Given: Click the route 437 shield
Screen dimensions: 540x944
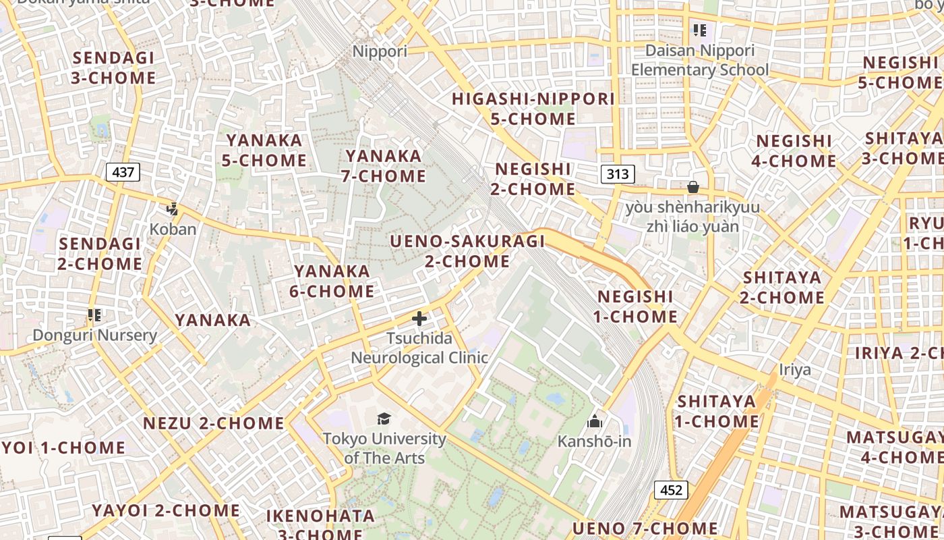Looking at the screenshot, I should (x=123, y=172).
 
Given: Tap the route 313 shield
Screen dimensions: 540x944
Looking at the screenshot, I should (x=617, y=174).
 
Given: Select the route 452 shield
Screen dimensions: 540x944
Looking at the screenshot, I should (x=671, y=490).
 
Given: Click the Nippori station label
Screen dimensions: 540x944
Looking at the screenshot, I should (x=380, y=51).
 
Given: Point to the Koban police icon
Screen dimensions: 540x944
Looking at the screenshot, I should (x=173, y=209).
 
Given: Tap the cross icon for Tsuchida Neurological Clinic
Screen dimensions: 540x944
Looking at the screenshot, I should (x=419, y=318).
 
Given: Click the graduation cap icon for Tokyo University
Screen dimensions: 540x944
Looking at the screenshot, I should (x=384, y=419).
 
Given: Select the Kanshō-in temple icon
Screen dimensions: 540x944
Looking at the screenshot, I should (x=595, y=422).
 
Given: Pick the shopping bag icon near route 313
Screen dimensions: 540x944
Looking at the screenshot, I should (x=692, y=187).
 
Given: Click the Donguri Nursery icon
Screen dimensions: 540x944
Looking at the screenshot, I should (x=94, y=315).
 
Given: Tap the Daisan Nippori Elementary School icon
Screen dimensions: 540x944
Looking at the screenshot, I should (x=699, y=30).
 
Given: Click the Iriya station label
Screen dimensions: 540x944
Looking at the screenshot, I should (x=795, y=369).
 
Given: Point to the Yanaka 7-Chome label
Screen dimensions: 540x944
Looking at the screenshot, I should (x=385, y=166).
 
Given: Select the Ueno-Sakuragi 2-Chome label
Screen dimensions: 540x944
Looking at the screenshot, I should (x=467, y=250).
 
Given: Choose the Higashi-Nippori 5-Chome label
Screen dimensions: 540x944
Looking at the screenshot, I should (x=533, y=109).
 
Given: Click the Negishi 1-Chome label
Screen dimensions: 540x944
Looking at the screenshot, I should (x=637, y=306).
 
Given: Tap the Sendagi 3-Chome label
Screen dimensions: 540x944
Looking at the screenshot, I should (x=113, y=67).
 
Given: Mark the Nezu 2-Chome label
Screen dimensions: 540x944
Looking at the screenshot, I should (x=213, y=423).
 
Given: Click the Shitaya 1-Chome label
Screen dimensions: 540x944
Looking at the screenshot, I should (x=717, y=411).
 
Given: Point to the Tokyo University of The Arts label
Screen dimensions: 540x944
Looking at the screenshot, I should (x=384, y=448).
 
